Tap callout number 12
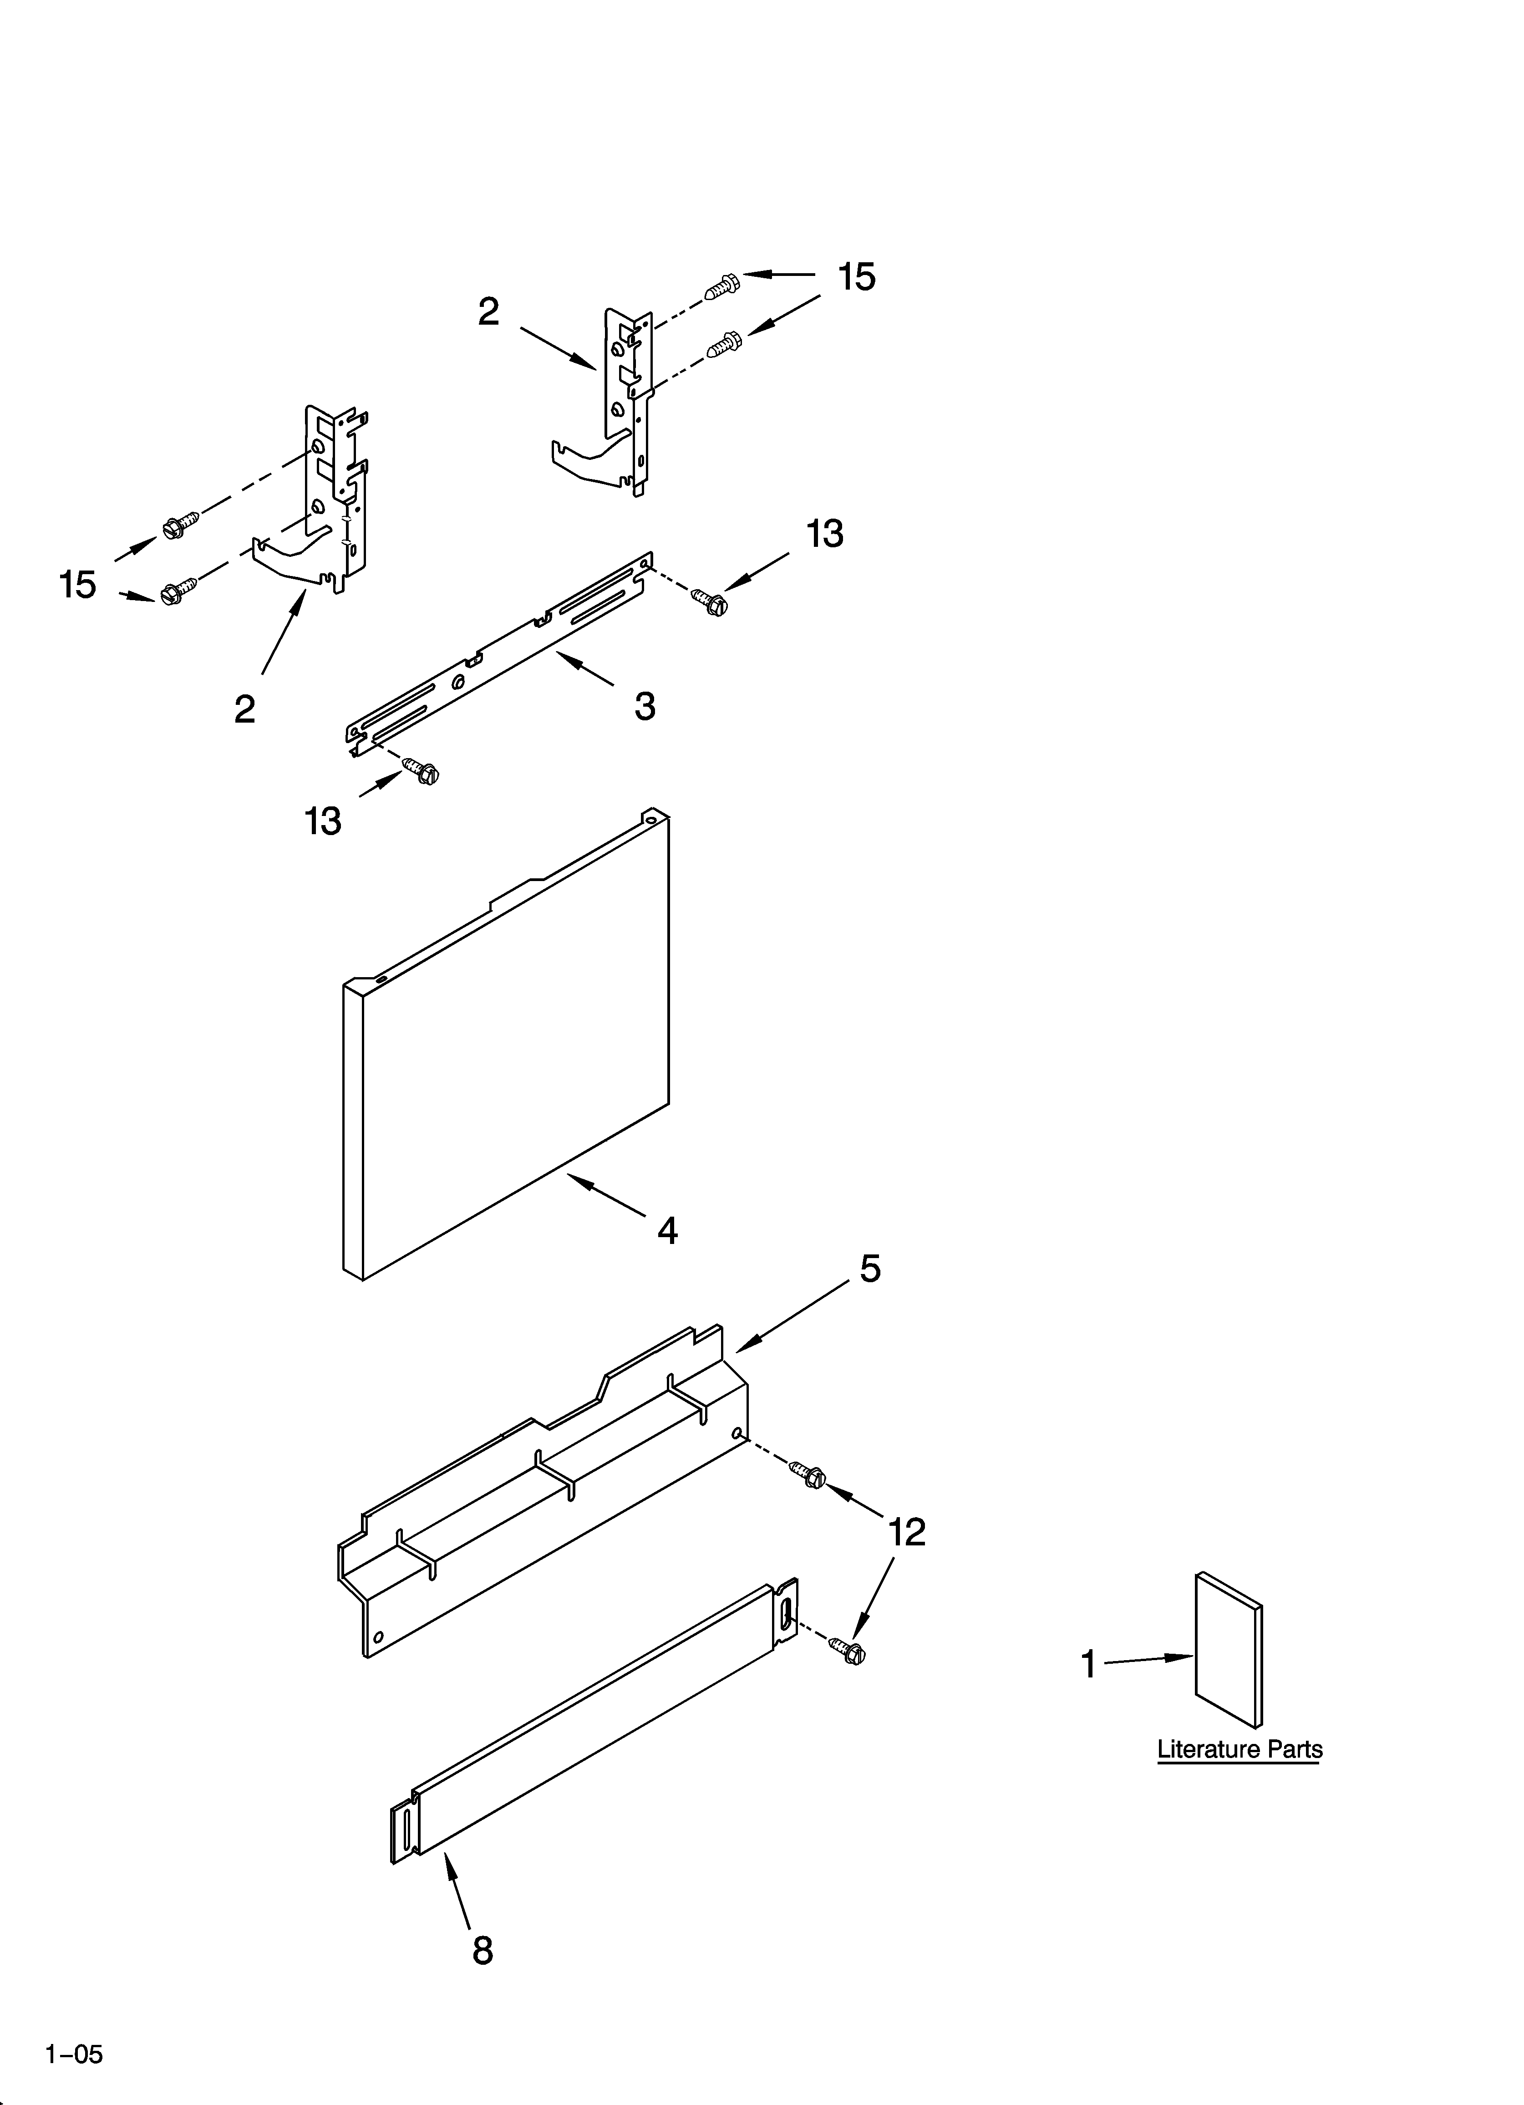pos(907,1532)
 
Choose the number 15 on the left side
pos(78,585)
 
